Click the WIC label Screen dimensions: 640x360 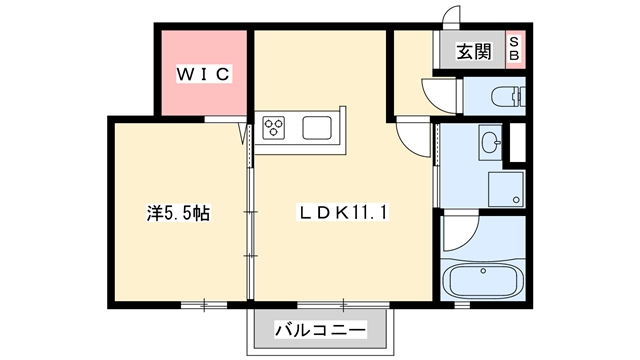click(204, 74)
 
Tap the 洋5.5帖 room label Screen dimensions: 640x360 click(178, 213)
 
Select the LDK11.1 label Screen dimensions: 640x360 click(342, 213)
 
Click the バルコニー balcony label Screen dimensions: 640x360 click(320, 329)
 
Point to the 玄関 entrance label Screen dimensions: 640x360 click(473, 52)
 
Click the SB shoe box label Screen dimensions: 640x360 click(514, 49)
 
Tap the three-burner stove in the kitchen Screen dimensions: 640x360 click(273, 128)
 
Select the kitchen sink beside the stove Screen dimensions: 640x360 click(317, 128)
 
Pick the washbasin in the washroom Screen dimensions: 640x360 click(490, 142)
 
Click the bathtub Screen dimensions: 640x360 click(483, 281)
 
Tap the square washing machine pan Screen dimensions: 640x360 click(506, 189)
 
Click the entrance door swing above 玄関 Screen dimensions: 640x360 click(451, 17)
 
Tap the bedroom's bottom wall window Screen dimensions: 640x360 click(204, 304)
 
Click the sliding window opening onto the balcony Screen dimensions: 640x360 click(343, 304)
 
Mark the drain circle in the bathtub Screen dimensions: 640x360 click(483, 271)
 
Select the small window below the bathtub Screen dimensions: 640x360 click(462, 304)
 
